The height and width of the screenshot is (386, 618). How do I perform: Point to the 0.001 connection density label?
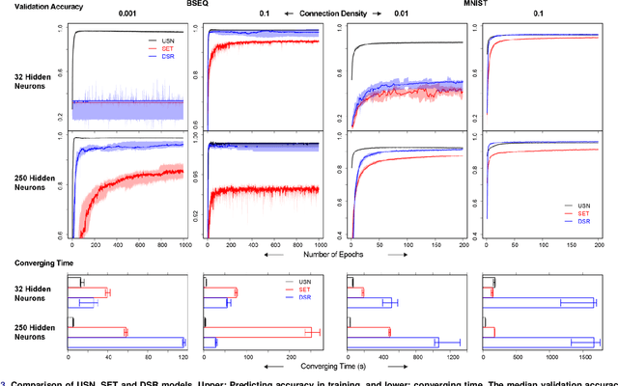pos(126,15)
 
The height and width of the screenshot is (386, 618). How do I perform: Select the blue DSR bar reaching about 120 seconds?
pos(126,342)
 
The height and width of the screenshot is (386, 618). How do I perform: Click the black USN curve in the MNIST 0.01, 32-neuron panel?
pos(406,43)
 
